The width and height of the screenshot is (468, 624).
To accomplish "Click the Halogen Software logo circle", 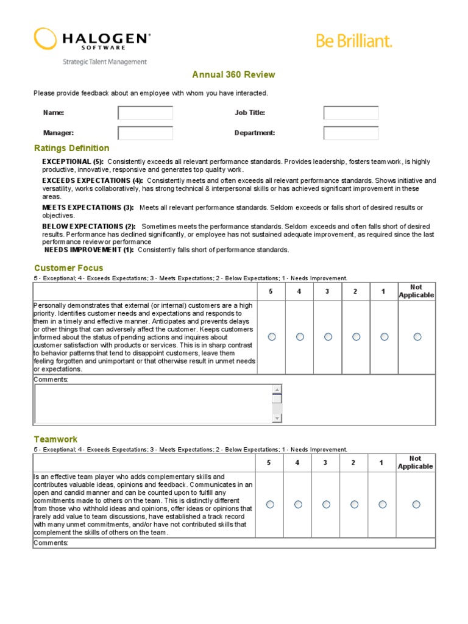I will coord(45,38).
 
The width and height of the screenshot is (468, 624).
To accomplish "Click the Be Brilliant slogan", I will coord(354,41).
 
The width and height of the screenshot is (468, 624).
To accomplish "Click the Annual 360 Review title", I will coord(233,75).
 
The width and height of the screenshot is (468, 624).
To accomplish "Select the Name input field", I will coord(145,113).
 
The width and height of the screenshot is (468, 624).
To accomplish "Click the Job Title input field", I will coord(350,113).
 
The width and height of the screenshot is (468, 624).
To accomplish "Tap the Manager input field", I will coord(145,133).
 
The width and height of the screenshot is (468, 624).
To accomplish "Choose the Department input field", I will coord(350,133).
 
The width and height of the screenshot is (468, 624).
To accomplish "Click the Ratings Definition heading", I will coord(72,148).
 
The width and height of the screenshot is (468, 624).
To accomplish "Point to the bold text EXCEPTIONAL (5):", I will coord(73,161).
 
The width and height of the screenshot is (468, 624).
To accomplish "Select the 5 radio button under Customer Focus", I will coord(271,336).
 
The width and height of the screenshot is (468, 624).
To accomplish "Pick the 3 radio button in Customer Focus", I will coord(328,336).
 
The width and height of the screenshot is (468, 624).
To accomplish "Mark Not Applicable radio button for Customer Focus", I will coord(417,336).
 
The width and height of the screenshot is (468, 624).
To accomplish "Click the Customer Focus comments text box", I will coord(152,403).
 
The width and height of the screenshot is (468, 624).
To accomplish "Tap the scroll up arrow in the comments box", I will coord(277,390).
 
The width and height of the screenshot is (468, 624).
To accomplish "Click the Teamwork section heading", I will coord(55,439).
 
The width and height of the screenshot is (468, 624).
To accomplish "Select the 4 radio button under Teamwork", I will coord(298,504).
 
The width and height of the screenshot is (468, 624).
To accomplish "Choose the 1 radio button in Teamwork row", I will coord(382,504).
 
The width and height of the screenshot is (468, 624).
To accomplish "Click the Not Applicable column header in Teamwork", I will coord(415,463).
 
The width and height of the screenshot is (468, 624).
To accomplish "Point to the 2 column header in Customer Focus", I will coord(355,291).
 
